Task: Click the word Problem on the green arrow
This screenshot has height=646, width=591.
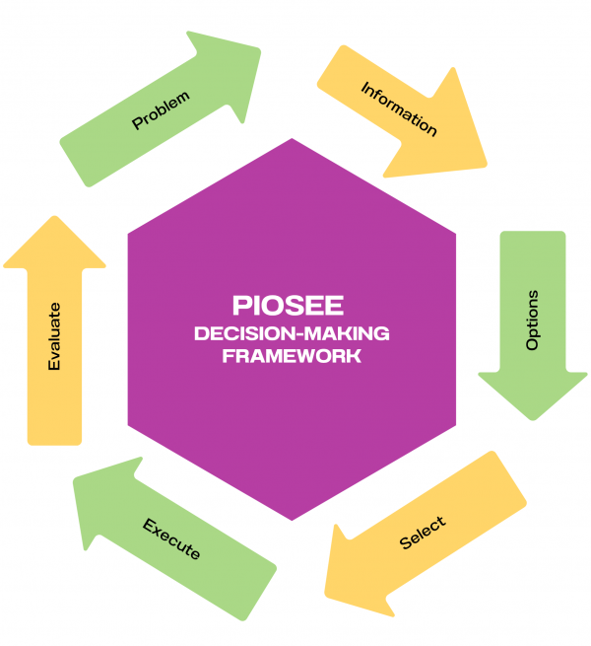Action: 161,109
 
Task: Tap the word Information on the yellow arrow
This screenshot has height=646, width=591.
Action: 399,109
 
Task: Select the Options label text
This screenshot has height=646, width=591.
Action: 533,320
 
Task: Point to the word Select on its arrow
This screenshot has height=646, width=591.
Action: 423,534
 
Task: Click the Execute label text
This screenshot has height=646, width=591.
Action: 171,538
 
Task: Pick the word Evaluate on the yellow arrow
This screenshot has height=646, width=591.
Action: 55,336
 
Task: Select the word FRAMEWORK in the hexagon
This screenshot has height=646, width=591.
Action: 291,356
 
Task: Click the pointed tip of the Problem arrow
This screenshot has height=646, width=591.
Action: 260,48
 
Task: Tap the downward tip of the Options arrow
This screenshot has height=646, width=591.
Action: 533,419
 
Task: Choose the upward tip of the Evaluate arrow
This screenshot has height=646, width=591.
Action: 54,217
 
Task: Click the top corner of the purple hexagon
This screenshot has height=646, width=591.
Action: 292,139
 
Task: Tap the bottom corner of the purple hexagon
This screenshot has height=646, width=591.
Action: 292,520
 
